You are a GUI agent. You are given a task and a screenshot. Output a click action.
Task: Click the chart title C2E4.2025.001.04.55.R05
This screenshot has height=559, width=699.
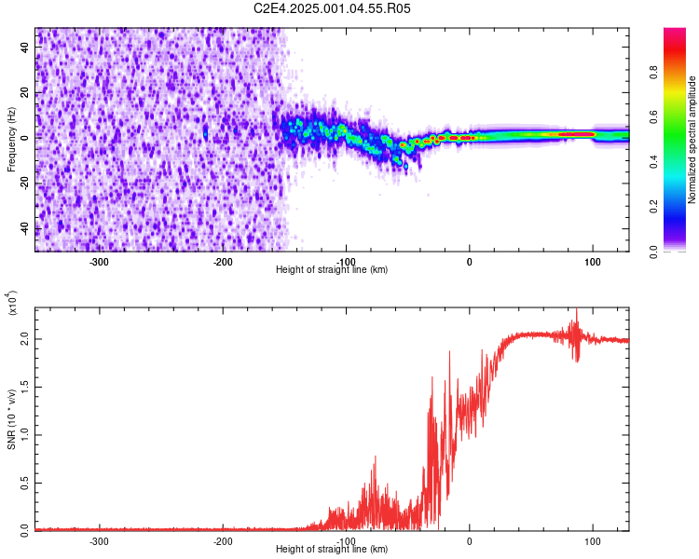333,8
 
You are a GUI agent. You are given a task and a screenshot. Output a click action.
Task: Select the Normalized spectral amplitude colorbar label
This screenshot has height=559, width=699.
692,140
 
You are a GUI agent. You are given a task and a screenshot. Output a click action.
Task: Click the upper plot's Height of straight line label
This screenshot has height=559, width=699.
332,270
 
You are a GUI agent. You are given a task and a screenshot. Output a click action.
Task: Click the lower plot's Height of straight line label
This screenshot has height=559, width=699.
332,550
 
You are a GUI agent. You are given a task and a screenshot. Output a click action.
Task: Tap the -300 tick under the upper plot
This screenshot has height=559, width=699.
99,261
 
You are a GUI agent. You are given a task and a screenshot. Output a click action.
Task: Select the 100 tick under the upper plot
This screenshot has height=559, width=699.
592,261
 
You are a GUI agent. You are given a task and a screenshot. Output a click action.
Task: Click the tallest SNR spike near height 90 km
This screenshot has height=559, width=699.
576,310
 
